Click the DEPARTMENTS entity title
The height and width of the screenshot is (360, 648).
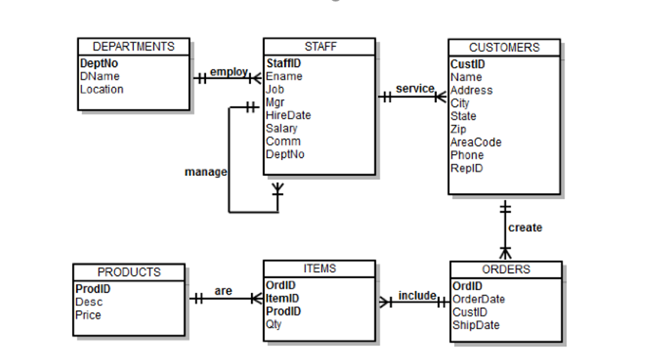tap(133, 47)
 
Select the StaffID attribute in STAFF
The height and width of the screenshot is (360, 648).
tap(283, 64)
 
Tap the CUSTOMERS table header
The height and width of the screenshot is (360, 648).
tap(504, 47)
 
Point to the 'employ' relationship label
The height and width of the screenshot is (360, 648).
tap(229, 71)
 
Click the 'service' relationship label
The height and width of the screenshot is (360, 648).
tap(415, 89)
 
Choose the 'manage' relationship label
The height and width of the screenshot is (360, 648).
tap(205, 172)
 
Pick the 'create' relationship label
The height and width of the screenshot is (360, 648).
tap(525, 228)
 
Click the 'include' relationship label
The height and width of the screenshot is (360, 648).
tap(417, 295)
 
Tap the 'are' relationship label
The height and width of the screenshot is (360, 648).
tap(223, 290)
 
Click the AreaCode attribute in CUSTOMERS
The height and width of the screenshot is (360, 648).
tap(475, 142)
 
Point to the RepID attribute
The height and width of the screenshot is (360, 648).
tap(466, 168)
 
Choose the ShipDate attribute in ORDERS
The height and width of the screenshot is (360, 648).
tap(476, 325)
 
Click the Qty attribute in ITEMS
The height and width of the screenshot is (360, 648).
tap(274, 324)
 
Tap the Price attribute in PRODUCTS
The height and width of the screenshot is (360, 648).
tap(88, 315)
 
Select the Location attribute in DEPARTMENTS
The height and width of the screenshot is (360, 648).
tap(101, 89)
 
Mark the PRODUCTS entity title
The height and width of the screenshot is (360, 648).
tap(129, 272)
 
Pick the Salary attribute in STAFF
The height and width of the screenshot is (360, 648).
tap(283, 129)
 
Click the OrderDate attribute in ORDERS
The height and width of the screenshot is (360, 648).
tap(479, 299)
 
